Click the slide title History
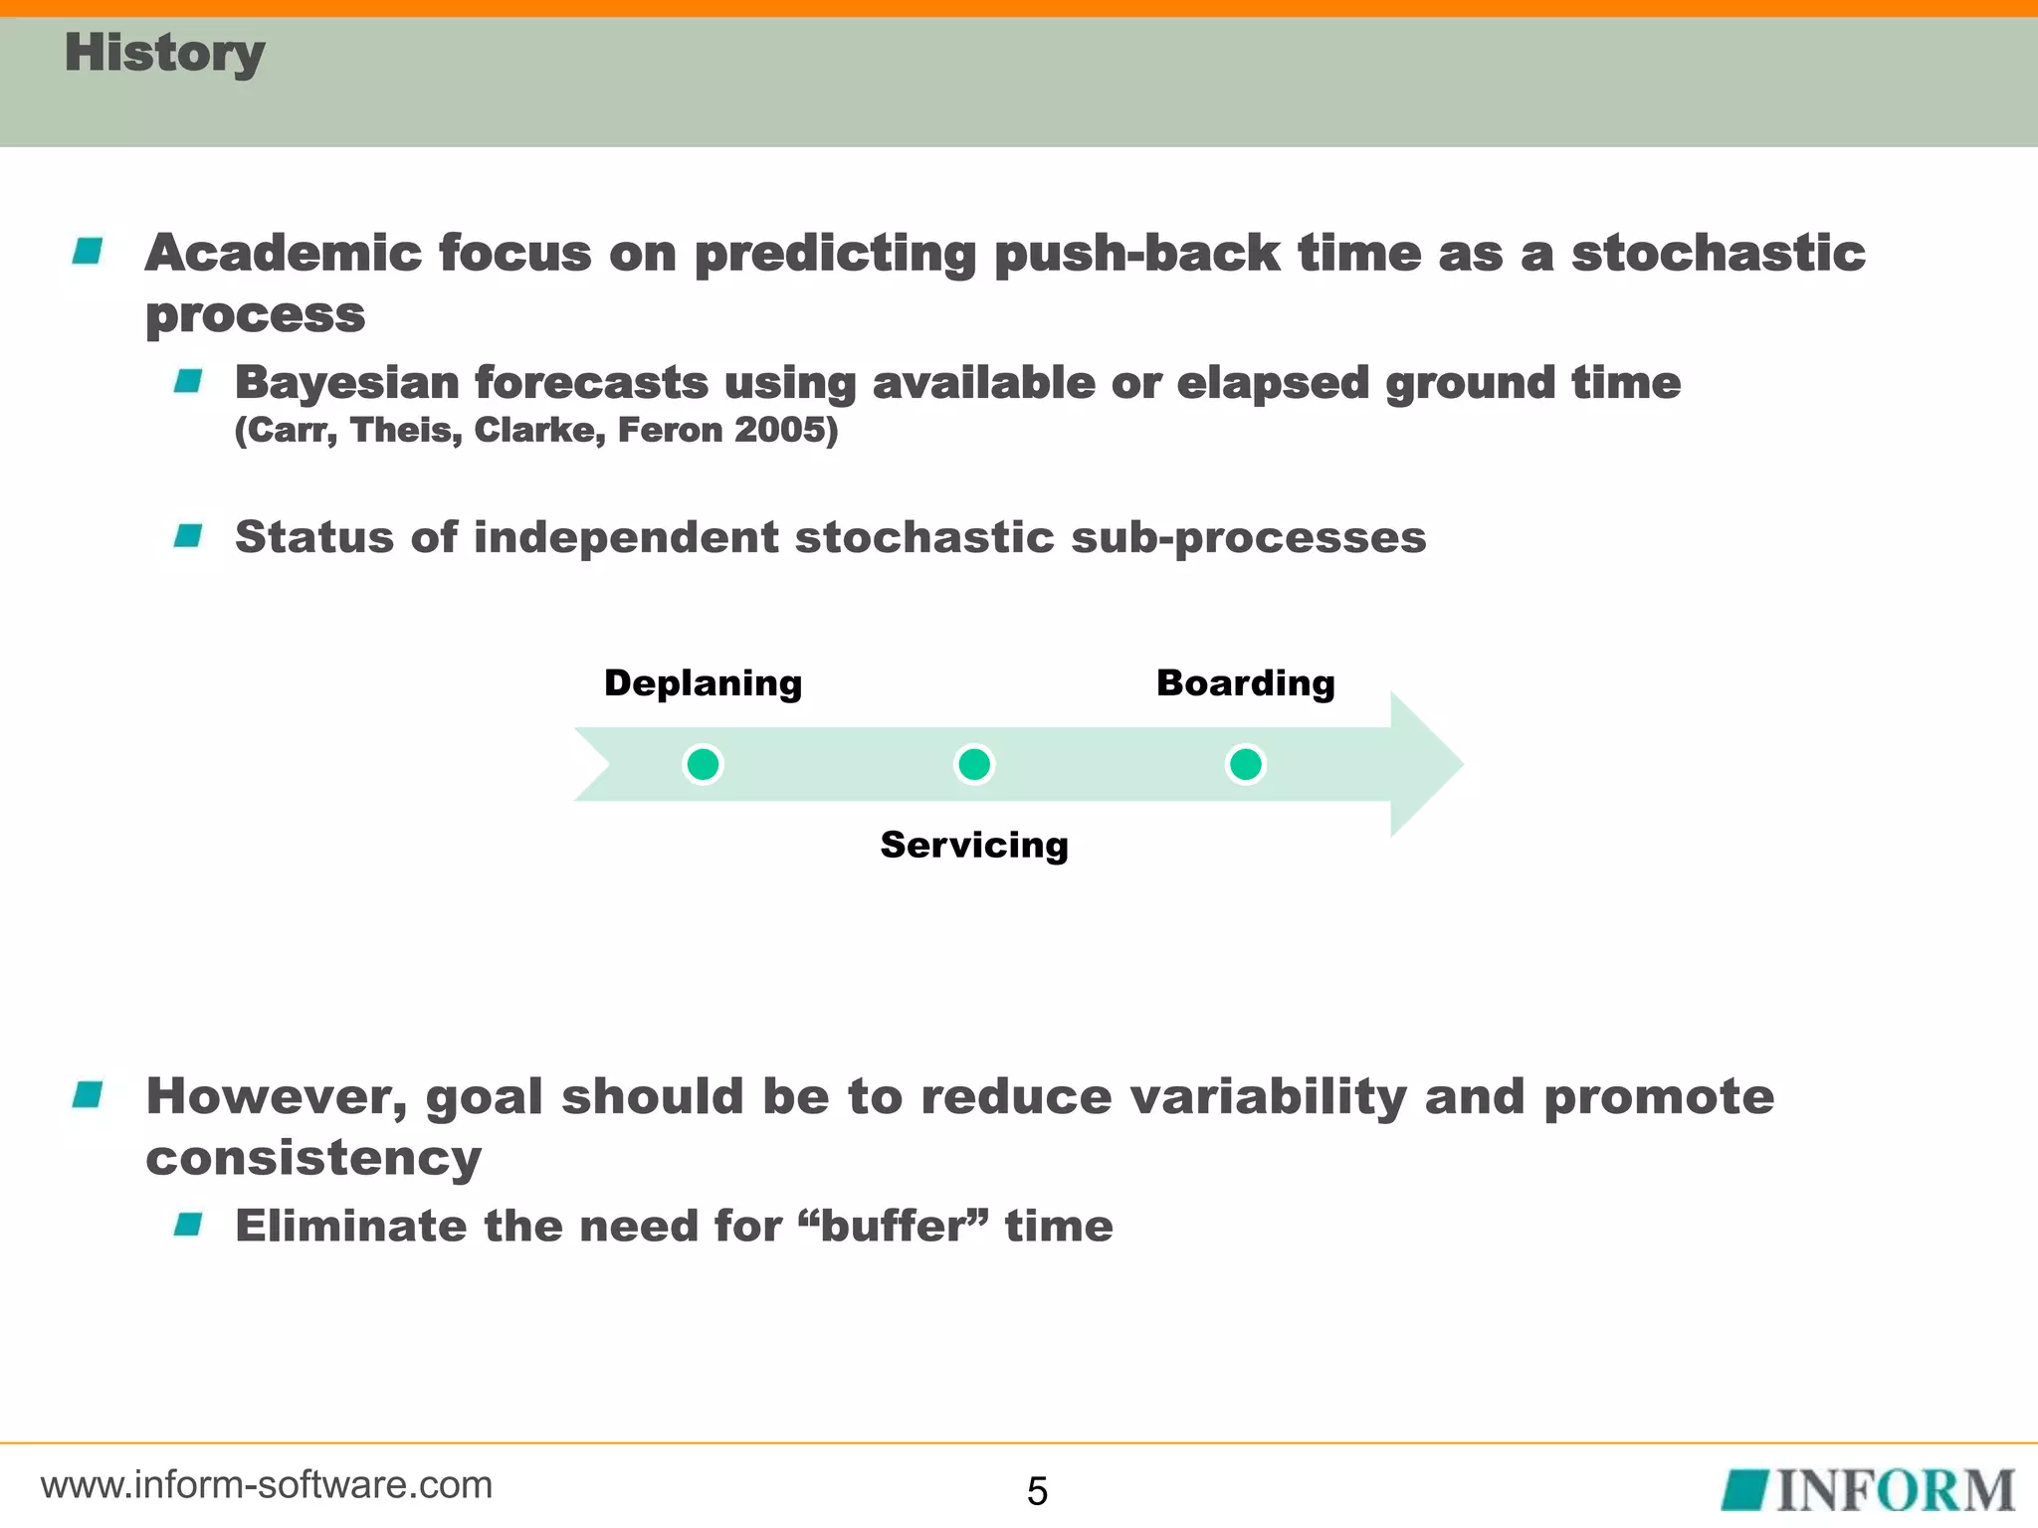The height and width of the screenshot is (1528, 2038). [164, 53]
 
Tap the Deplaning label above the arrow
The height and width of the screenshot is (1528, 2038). [703, 683]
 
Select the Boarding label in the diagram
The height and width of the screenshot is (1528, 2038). [1245, 683]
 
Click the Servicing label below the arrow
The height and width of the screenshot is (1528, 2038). [974, 845]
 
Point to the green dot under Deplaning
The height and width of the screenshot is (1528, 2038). [703, 764]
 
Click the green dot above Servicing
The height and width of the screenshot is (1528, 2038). [974, 764]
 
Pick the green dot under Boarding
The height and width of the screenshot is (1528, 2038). [1245, 764]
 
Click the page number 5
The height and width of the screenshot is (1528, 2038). [1037, 1491]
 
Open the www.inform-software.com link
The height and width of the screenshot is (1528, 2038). [267, 1485]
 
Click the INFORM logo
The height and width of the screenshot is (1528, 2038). [1868, 1490]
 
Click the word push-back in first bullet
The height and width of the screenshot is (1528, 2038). [1136, 253]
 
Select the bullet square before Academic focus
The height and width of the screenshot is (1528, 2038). [88, 251]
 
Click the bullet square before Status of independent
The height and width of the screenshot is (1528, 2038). [188, 536]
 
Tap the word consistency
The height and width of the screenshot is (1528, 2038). [313, 1159]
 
